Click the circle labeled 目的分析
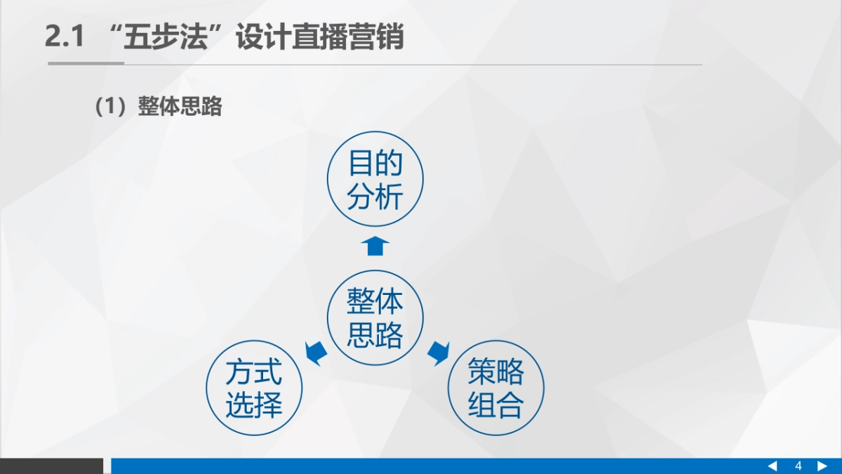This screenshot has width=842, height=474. (375, 180)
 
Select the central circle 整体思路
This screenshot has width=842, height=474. (375, 318)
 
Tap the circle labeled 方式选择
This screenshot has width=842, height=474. (254, 389)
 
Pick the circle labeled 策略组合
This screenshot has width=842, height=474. (496, 389)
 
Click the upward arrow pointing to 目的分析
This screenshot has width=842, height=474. (376, 246)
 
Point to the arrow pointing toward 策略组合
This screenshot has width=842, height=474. (439, 352)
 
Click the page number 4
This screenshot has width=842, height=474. (798, 466)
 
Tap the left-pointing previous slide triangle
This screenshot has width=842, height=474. (773, 466)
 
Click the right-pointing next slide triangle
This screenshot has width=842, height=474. (822, 466)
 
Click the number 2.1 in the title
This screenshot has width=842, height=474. (64, 37)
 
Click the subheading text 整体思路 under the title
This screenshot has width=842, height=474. (180, 107)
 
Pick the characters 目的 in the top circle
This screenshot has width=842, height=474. (375, 165)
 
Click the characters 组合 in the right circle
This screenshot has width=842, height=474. (496, 405)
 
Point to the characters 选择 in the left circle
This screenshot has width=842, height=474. (254, 405)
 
